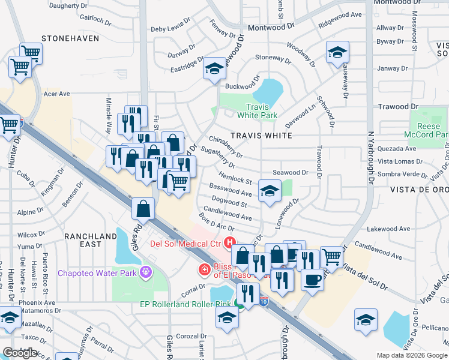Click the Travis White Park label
pos(257,110)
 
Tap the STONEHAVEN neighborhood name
pos(66,38)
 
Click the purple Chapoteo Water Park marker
pos(144,273)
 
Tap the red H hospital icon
pos(229,243)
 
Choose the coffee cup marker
pos(312,279)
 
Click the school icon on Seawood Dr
pos(270,191)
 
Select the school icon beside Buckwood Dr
pos(214,69)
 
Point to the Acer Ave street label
pos(57,94)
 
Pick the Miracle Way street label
pos(109,116)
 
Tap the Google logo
pos(19,353)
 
